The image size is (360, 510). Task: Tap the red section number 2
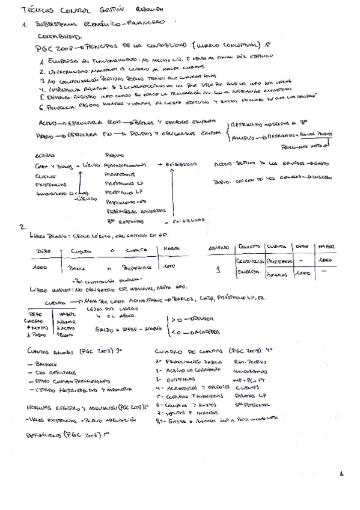pyautogui.click(x=22, y=227)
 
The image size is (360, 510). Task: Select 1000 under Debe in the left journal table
pyautogui.click(x=40, y=265)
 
